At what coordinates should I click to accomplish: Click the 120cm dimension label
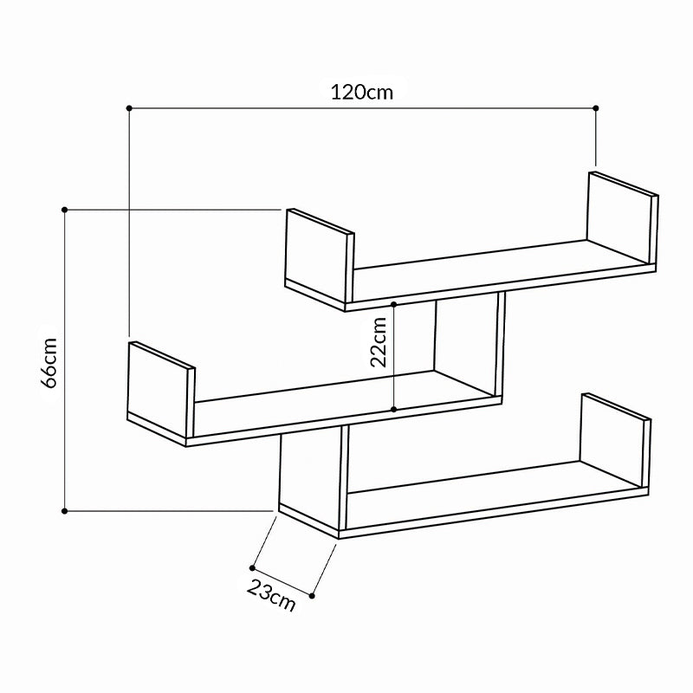click(x=361, y=91)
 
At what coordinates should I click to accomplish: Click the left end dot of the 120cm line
click(x=129, y=107)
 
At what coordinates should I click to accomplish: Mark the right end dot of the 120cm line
click(x=596, y=107)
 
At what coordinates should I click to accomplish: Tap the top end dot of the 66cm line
click(x=66, y=209)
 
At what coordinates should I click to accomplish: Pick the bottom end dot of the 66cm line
click(x=66, y=511)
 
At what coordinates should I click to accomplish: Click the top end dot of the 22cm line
click(x=394, y=305)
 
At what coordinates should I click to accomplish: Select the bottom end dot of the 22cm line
click(x=394, y=409)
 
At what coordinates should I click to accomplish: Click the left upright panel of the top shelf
click(x=317, y=256)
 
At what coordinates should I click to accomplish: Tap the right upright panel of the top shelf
click(x=619, y=217)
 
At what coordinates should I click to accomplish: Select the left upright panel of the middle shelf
click(x=159, y=389)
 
